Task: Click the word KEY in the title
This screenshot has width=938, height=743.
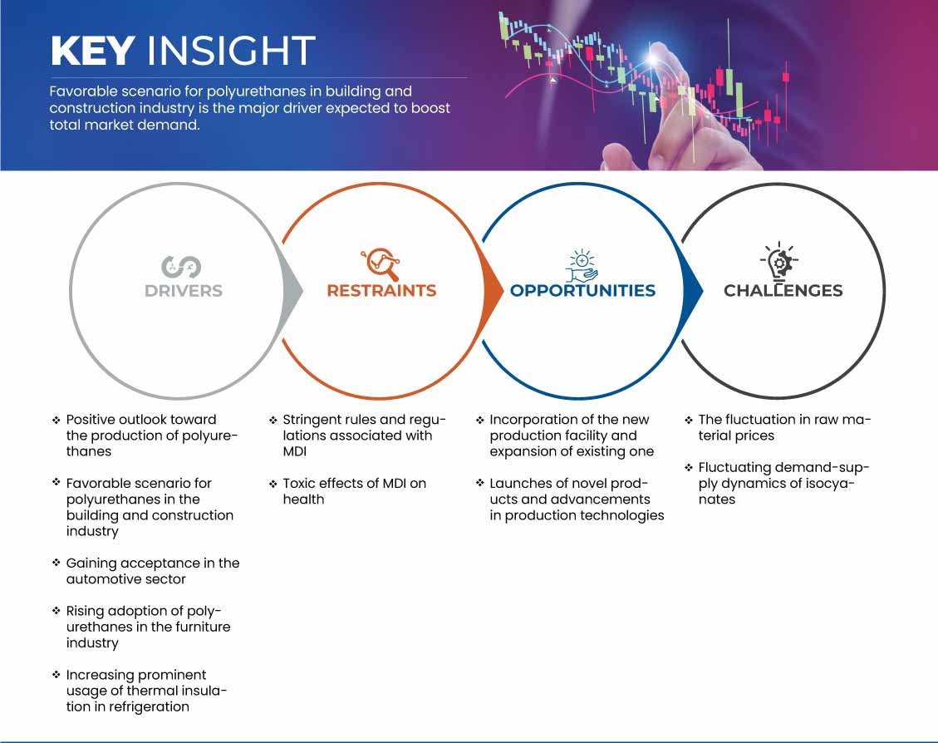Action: [x=92, y=52]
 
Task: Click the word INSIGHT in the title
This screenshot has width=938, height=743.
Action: [x=230, y=52]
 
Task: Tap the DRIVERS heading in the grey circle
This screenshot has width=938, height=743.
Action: [x=183, y=291]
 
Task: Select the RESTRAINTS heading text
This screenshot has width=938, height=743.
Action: [x=381, y=291]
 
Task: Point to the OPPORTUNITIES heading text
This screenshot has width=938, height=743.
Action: [x=582, y=291]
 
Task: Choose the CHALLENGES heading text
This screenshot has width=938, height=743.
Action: [x=783, y=291]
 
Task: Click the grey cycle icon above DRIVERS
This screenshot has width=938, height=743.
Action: [x=180, y=266]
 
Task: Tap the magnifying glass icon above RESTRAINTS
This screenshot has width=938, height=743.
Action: [x=381, y=264]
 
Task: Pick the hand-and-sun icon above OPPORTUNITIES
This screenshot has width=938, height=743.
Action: [x=582, y=264]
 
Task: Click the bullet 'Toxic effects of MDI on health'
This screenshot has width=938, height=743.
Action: [x=354, y=491]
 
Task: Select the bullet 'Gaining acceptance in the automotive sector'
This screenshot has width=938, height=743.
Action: [x=152, y=571]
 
